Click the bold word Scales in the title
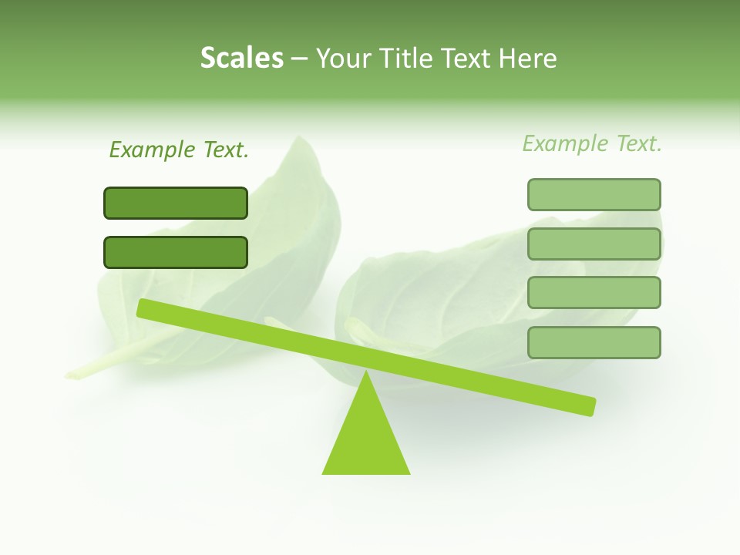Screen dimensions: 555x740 [241, 58]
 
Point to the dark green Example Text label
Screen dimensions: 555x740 [179, 150]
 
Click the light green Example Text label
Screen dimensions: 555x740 [592, 143]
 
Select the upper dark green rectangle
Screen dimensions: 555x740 [176, 203]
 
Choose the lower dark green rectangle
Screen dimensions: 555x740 [176, 252]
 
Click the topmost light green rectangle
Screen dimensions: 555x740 [594, 194]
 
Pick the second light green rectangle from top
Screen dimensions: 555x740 [594, 244]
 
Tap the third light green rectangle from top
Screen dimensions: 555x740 [594, 292]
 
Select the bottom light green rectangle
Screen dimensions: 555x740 [594, 342]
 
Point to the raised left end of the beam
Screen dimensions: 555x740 [143, 308]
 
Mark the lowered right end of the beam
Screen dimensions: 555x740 [590, 406]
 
